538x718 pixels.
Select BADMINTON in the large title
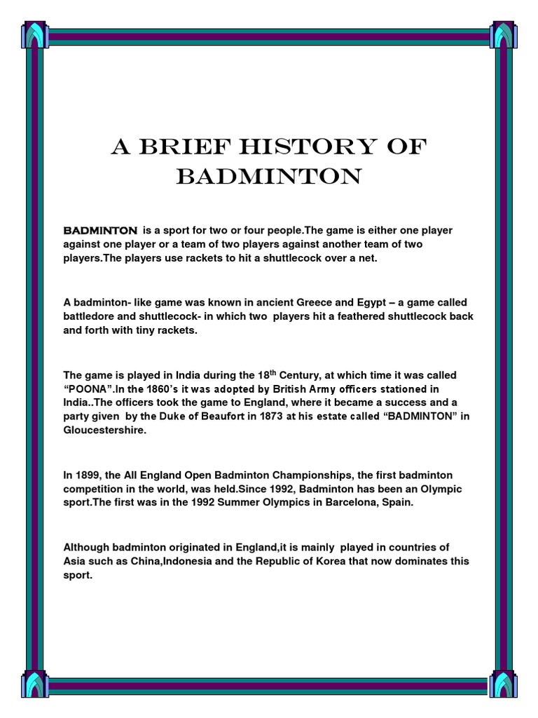point(269,177)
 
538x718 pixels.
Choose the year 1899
point(89,475)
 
